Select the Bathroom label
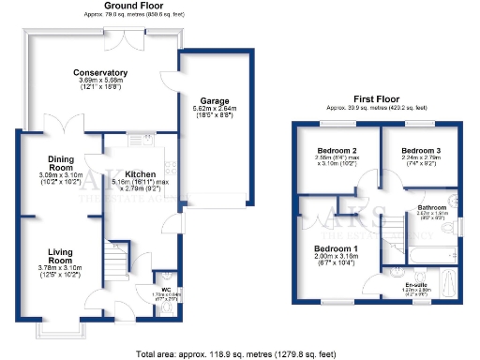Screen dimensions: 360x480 (431, 207)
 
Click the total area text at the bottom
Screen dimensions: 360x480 (240, 354)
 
